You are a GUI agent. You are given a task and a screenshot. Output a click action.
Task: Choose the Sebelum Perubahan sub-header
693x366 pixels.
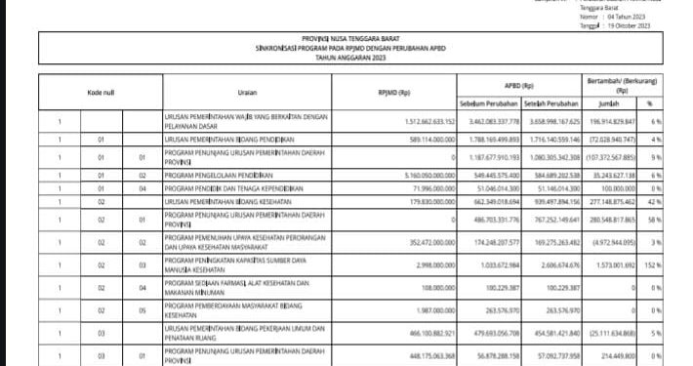click(485, 103)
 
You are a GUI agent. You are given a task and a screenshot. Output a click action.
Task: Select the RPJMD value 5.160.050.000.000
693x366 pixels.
click(421, 173)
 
